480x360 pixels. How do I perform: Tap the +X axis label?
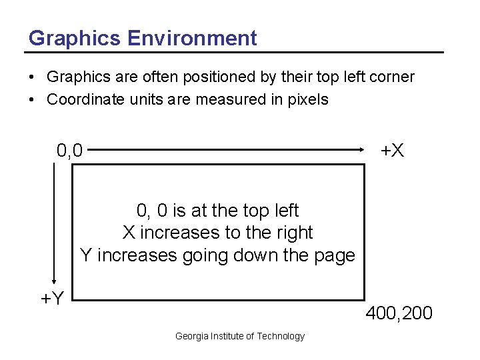click(392, 151)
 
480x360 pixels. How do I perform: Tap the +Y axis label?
click(52, 298)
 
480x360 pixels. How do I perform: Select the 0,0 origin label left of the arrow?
click(70, 151)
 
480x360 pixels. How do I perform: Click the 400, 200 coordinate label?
click(399, 313)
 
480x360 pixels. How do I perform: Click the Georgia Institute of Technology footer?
click(239, 336)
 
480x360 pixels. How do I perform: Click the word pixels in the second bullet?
click(308, 100)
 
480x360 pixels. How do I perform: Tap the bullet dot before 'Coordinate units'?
click(32, 100)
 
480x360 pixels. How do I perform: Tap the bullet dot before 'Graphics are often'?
click(32, 77)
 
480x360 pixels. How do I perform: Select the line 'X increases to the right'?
click(217, 233)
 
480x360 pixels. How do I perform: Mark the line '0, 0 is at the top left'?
click(217, 211)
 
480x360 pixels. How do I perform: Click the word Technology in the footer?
click(281, 336)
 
